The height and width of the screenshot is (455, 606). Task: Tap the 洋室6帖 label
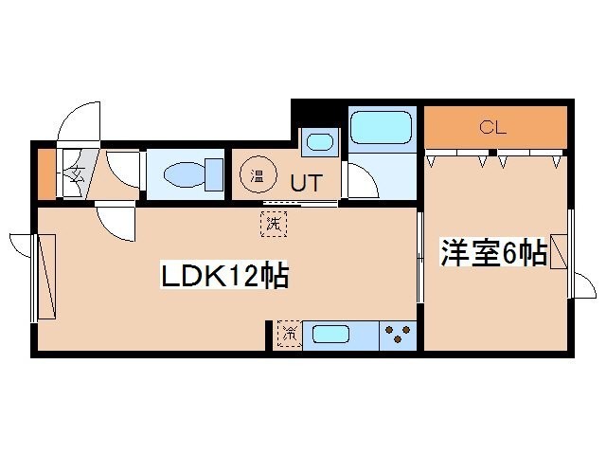pos(492,253)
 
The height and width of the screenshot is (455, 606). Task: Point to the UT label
pos(303,181)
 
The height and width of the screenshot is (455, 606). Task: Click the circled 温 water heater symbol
pos(256,174)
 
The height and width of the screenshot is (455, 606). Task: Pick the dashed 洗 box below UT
pos(274,225)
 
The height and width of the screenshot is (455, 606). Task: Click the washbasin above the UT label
pos(320,143)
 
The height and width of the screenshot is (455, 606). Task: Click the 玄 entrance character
pos(76,174)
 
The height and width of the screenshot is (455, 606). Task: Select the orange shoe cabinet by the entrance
pos(45,173)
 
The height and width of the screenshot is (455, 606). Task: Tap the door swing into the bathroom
pos(361,181)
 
